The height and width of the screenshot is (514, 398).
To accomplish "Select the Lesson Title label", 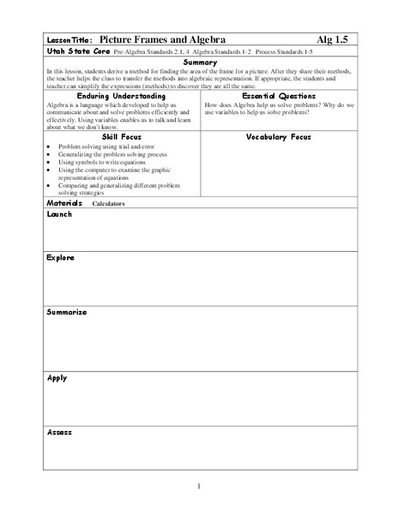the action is (x=65, y=40).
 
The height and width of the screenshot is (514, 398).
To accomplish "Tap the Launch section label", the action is (x=58, y=214).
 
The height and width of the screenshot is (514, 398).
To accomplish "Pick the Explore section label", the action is (x=59, y=256).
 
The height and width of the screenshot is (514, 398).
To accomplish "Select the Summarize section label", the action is (x=65, y=312).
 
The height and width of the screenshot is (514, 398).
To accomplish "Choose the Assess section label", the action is (x=57, y=432).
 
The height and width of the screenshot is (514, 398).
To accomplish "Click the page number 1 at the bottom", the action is (x=199, y=487).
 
